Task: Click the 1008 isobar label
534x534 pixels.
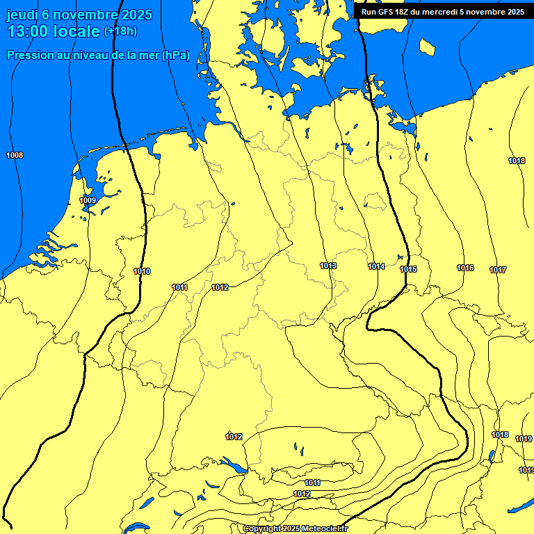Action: [14, 155]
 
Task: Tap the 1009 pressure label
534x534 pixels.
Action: [88, 200]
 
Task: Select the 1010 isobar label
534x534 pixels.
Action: [142, 271]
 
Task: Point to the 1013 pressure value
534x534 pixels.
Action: [329, 266]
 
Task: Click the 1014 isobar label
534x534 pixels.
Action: [377, 266]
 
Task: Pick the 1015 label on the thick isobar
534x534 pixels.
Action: [409, 269]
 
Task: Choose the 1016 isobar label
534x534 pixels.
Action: [465, 268]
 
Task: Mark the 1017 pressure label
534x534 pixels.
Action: [498, 270]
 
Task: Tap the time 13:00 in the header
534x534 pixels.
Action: [29, 31]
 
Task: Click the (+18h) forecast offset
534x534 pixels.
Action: [120, 31]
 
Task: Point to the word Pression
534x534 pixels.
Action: [28, 56]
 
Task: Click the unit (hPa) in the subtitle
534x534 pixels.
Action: [175, 56]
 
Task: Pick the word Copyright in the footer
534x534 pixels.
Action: [261, 529]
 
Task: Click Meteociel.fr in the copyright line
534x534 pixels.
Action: [323, 529]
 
